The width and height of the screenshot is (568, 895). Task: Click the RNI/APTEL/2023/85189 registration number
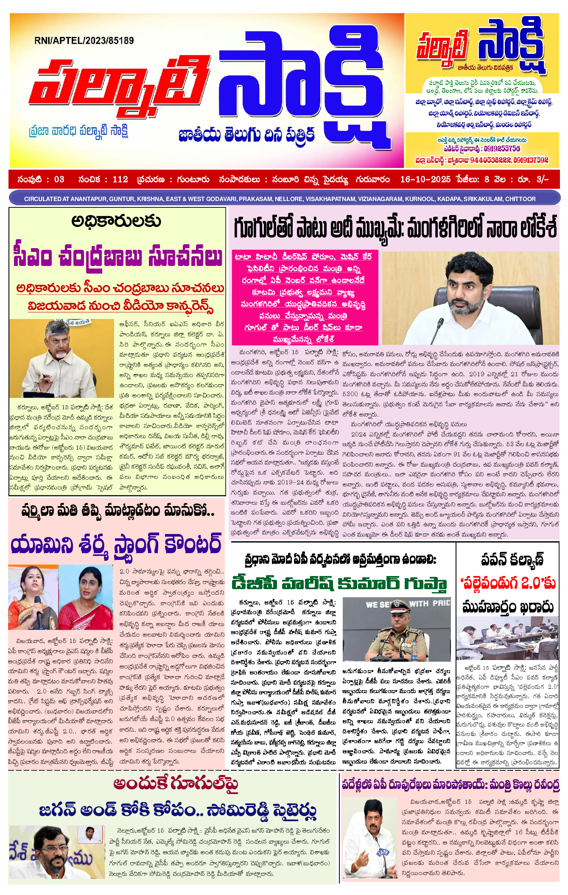(x=84, y=41)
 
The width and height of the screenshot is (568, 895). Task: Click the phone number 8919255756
(x=502, y=149)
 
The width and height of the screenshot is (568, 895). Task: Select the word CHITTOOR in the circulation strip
(x=520, y=199)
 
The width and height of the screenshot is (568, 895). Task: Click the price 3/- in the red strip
(x=543, y=179)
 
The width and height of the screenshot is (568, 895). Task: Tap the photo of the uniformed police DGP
(x=396, y=629)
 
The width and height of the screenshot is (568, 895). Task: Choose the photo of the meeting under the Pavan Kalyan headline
(x=507, y=638)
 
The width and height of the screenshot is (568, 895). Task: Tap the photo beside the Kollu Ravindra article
(x=369, y=838)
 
